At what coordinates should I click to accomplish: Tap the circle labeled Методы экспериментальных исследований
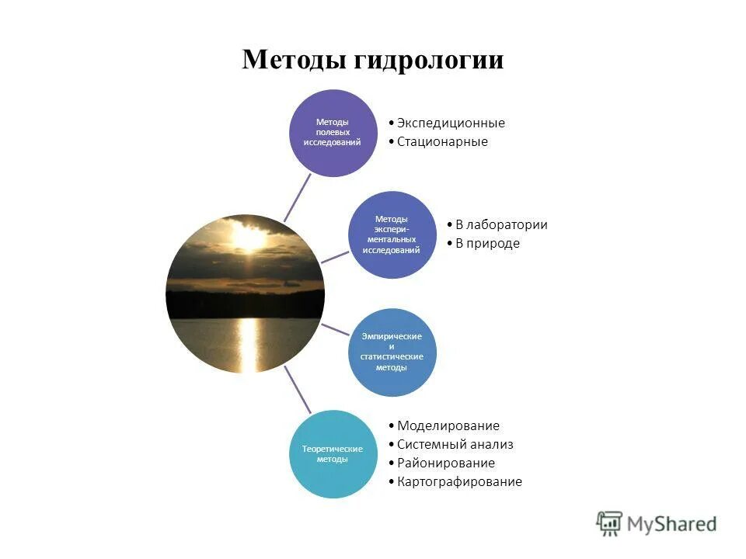[x=391, y=234]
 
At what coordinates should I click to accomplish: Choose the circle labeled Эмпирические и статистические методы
[x=391, y=352]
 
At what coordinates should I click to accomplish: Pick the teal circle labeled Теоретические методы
[x=333, y=454]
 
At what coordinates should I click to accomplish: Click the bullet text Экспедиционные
[x=451, y=123]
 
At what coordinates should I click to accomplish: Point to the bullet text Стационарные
[x=442, y=141]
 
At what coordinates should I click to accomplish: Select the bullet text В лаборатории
[x=501, y=224]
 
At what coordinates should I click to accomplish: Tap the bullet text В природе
[x=487, y=243]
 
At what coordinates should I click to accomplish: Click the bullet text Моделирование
[x=448, y=425]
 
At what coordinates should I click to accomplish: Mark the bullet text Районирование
[x=445, y=463]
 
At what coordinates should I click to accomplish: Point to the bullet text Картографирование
[x=459, y=481]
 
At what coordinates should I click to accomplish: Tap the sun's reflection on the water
[x=249, y=342]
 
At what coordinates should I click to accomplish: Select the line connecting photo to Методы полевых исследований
[x=297, y=197]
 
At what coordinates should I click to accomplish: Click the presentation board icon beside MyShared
[x=610, y=523]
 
